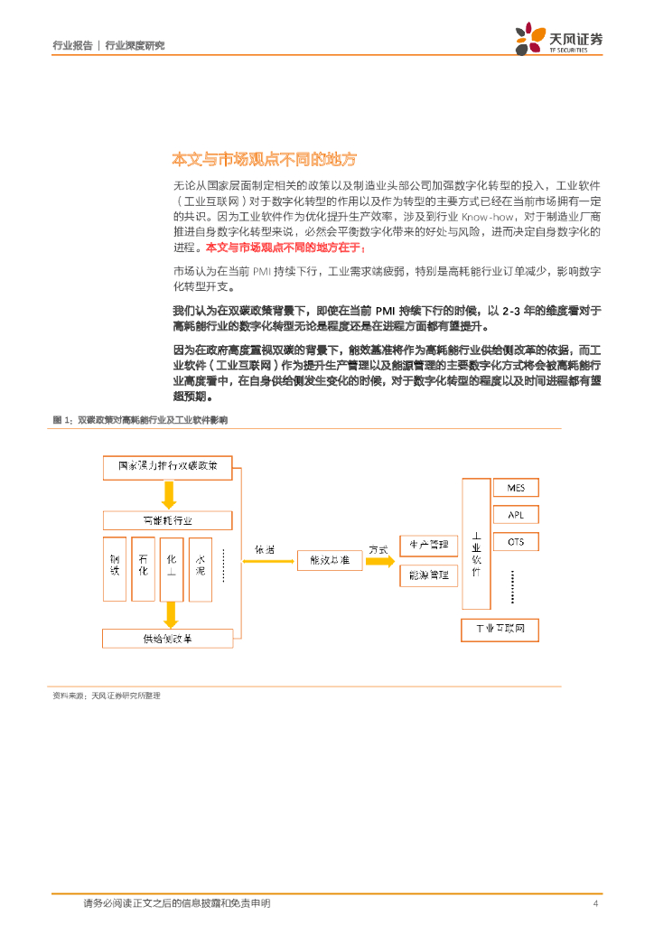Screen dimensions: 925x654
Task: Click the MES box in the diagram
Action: pos(516,489)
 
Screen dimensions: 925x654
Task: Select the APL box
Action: pos(516,515)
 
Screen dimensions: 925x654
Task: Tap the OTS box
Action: pos(516,542)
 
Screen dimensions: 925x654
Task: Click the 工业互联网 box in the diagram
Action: pos(500,629)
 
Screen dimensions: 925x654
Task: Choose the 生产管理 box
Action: pos(428,545)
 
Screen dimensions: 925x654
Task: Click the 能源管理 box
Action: pos(428,575)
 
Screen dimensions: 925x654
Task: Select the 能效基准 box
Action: pos(329,560)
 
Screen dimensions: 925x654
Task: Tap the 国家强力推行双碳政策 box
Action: pos(168,467)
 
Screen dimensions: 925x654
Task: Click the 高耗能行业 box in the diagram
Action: pos(168,520)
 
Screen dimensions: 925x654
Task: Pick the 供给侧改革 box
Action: pos(168,638)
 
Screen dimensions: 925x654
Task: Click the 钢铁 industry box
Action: pos(115,568)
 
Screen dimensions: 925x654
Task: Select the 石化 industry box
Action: pos(143,568)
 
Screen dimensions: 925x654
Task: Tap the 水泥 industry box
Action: pos(200,568)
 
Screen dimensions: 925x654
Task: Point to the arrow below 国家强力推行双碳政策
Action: pos(168,493)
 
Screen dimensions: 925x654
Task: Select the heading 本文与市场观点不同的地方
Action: pos(265,160)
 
